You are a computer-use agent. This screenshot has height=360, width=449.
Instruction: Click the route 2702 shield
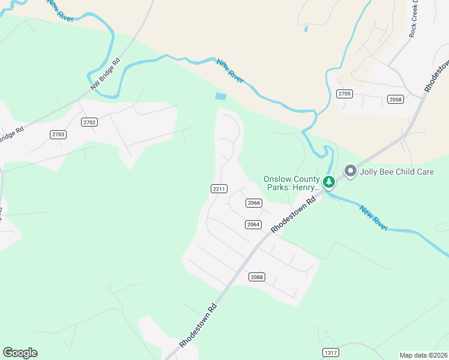pyautogui.click(x=89, y=122)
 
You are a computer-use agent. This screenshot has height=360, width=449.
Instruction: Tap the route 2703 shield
pyautogui.click(x=58, y=134)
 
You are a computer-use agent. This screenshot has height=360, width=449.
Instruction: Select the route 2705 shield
pyautogui.click(x=344, y=94)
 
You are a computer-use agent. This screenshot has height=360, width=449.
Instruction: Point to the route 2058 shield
pyautogui.click(x=395, y=100)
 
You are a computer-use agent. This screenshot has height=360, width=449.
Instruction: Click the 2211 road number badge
pyautogui.click(x=219, y=189)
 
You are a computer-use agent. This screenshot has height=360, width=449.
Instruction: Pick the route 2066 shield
pyautogui.click(x=254, y=203)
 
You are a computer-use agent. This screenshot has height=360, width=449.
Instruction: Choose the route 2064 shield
pyautogui.click(x=253, y=224)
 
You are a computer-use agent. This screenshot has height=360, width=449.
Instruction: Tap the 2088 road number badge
pyautogui.click(x=257, y=277)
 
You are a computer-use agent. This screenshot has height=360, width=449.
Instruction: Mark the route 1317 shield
pyautogui.click(x=330, y=352)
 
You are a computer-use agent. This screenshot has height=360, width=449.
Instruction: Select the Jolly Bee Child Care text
pyautogui.click(x=396, y=172)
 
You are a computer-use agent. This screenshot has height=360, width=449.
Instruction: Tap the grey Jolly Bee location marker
pyautogui.click(x=350, y=172)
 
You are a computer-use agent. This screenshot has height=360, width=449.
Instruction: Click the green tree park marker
pyautogui.click(x=328, y=181)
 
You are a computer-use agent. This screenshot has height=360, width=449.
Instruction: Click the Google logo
pyautogui.click(x=20, y=353)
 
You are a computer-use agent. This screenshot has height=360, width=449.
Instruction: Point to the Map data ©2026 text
pyautogui.click(x=424, y=355)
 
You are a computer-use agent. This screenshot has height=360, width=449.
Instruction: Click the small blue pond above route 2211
pyautogui.click(x=221, y=96)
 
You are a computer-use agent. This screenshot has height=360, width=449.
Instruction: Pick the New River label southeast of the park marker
pyautogui.click(x=374, y=218)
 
